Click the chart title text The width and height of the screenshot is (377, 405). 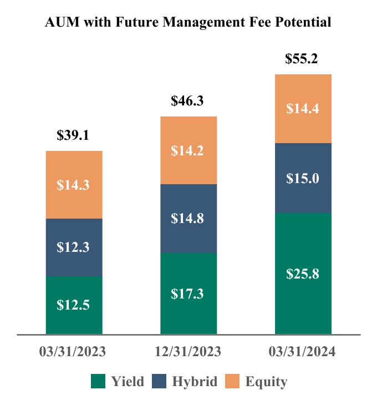188,22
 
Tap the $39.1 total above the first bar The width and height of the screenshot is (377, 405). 74,135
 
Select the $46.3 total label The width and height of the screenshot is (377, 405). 188,101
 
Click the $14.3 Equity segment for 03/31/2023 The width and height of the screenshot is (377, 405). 74,185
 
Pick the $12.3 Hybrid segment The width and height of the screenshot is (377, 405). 74,247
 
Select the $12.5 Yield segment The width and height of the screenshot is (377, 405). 74,305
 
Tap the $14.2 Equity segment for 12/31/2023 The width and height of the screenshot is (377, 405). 188,150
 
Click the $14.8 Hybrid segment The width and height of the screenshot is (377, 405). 188,219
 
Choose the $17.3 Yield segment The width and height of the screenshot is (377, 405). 188,293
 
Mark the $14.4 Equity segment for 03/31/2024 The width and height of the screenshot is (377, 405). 303,109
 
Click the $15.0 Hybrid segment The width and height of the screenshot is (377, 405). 303,178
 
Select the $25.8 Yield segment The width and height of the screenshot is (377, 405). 303,274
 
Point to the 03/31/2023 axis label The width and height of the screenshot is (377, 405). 73,352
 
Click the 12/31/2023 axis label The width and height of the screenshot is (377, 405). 187,352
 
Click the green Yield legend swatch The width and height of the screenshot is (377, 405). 98,381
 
